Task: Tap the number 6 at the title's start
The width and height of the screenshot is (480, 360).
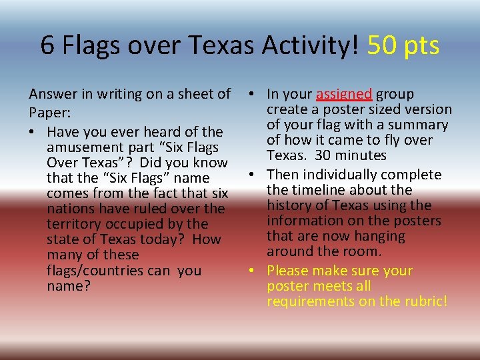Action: tap(47, 46)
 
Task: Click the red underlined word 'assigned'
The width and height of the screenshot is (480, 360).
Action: tap(345, 95)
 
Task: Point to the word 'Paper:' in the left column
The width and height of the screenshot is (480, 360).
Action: tap(50, 110)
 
